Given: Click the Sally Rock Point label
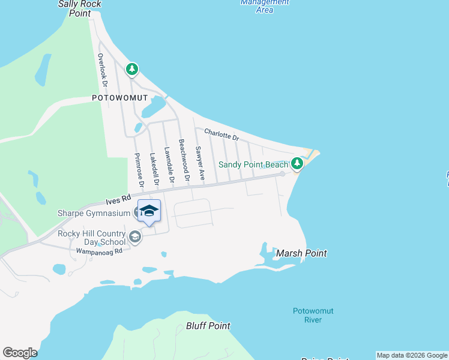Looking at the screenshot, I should pyautogui.click(x=79, y=8).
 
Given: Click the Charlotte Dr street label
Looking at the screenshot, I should pyautogui.click(x=221, y=135).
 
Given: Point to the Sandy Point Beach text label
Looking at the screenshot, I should pyautogui.click(x=253, y=164).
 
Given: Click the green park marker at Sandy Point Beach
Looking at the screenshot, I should pyautogui.click(x=297, y=163).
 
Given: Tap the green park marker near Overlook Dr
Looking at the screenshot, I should pyautogui.click(x=132, y=70).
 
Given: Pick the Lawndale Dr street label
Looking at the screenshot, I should pyautogui.click(x=170, y=165).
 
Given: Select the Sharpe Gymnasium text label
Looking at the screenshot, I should pyautogui.click(x=93, y=214).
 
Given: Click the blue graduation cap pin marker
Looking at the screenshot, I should pyautogui.click(x=149, y=211).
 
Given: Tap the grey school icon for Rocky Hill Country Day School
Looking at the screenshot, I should pyautogui.click(x=135, y=237).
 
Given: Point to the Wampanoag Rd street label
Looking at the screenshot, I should pyautogui.click(x=98, y=251).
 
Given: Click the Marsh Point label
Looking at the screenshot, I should pyautogui.click(x=301, y=253).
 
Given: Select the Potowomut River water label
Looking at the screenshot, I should pyautogui.click(x=313, y=315).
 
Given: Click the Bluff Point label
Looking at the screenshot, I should pyautogui.click(x=208, y=326).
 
